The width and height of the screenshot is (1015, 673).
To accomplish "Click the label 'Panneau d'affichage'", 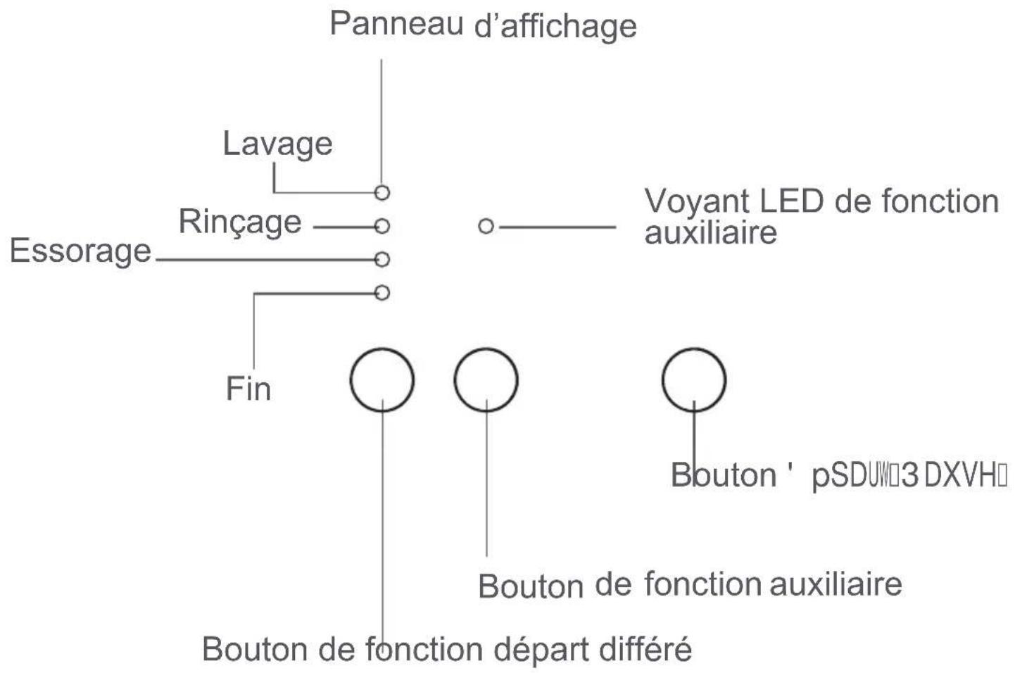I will tap(483, 25).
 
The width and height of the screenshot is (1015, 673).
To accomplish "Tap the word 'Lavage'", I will tap(277, 144).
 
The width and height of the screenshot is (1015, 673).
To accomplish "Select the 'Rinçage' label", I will tap(240, 222).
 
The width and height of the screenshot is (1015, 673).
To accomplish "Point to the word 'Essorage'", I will tap(80, 251).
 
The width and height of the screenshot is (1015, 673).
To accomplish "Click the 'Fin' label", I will tap(248, 389).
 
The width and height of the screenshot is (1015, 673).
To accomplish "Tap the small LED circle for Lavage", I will tap(382, 192).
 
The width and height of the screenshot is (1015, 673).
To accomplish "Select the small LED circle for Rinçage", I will tap(382, 226).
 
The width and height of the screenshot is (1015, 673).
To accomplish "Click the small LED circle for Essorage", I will tap(382, 260).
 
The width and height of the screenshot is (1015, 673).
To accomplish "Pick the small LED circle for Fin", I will tap(382, 292).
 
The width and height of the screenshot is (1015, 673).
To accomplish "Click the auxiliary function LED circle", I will tap(486, 226).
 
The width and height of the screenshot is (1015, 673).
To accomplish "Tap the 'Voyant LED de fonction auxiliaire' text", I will tap(820, 215).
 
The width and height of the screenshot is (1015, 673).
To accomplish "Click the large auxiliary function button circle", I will tap(486, 379).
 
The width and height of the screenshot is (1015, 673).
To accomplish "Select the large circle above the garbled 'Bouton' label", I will tap(693, 379).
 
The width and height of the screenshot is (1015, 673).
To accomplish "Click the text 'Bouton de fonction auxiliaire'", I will tap(690, 584).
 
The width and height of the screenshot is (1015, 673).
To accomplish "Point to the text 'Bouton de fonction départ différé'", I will tap(447, 648).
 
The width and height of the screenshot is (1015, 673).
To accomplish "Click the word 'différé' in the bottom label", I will tap(645, 648).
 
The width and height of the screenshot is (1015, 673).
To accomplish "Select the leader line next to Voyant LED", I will tap(556, 227).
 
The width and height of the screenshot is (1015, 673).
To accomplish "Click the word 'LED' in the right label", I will tap(791, 202).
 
